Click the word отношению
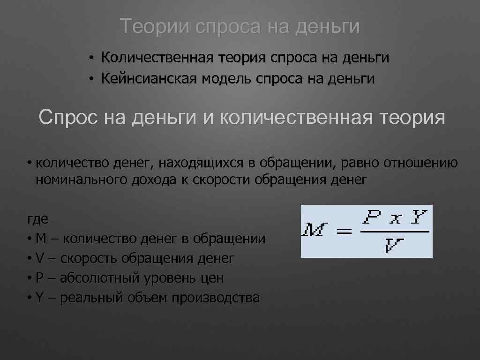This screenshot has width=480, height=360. click(x=420, y=163)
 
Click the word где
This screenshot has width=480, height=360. click(x=37, y=219)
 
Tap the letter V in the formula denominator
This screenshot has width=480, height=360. click(x=393, y=245)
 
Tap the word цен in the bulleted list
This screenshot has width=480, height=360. click(x=211, y=278)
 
